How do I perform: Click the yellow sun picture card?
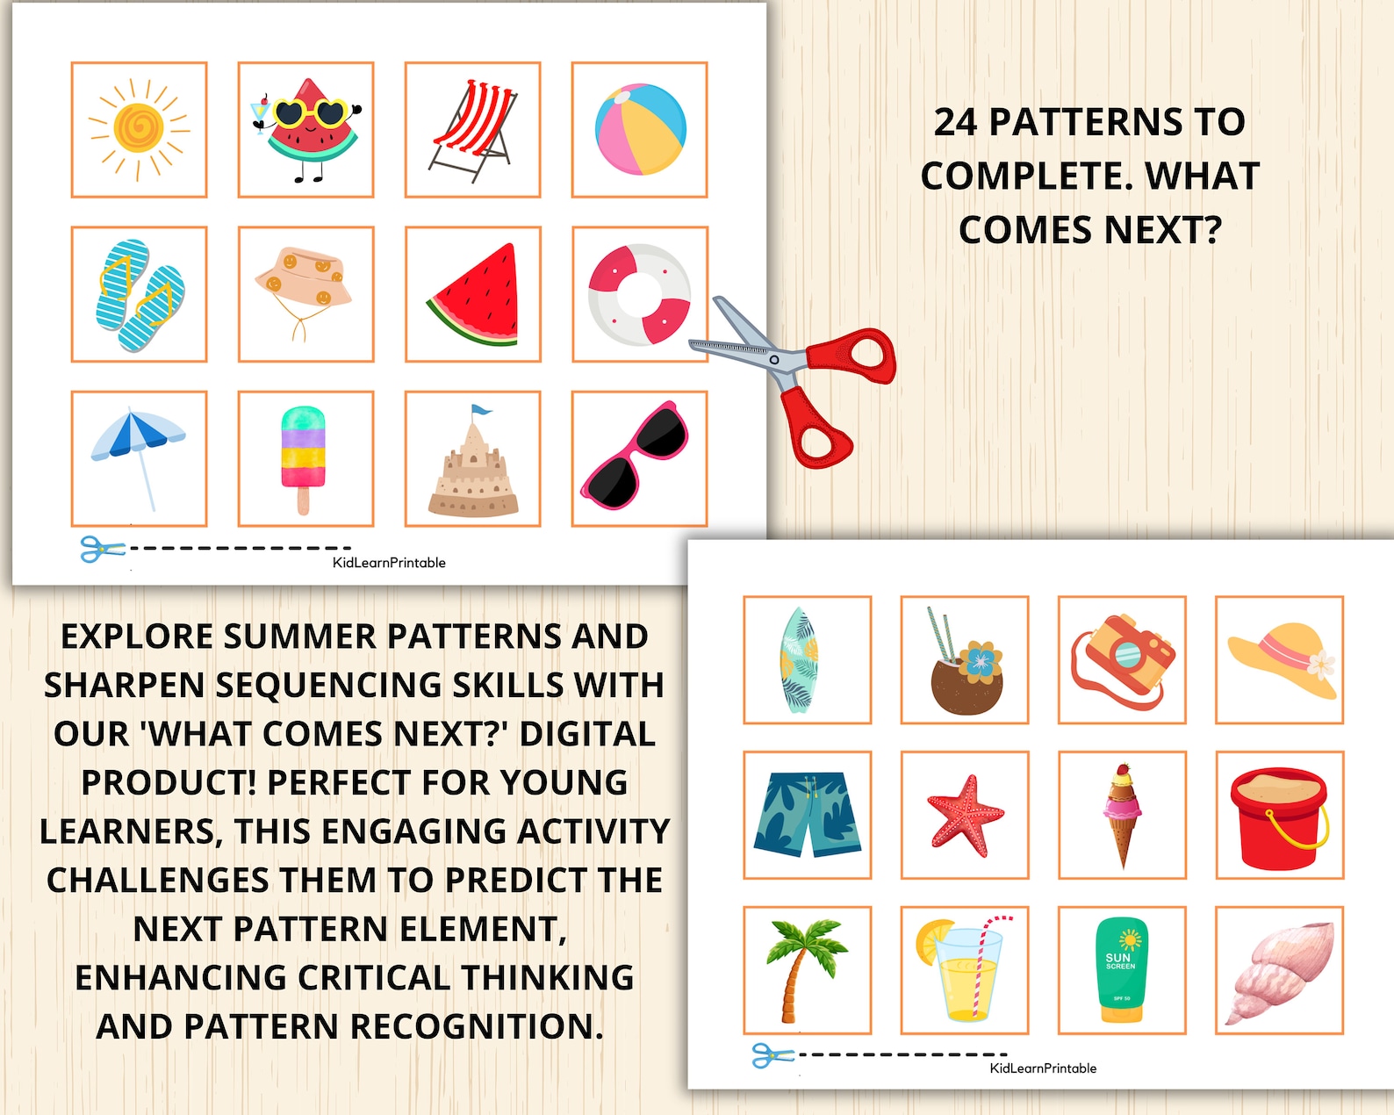[139, 129]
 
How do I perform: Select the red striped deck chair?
[473, 130]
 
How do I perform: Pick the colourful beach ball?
[640, 129]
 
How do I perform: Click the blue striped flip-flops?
[139, 295]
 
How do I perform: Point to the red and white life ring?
[639, 295]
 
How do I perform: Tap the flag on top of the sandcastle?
[480, 410]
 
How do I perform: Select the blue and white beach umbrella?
[139, 448]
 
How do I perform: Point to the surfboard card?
[800, 660]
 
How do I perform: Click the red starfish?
[964, 816]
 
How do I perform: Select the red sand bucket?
[1278, 816]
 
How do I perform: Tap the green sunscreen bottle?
[1122, 970]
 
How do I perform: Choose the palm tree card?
[804, 970]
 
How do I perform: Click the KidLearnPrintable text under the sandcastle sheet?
[389, 563]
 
